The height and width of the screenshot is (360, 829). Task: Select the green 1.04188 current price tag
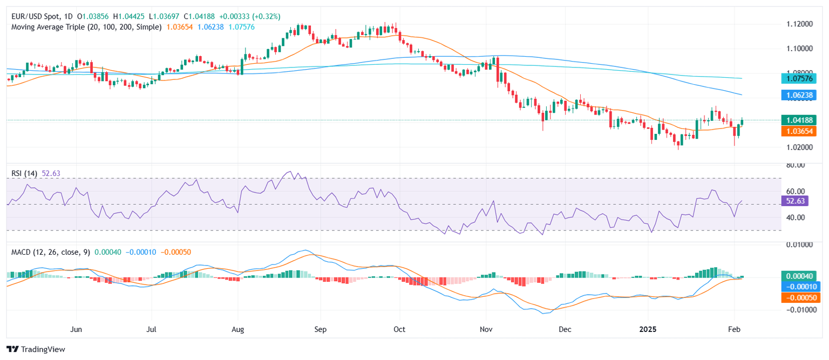800,120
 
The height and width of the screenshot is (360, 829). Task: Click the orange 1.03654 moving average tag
800,131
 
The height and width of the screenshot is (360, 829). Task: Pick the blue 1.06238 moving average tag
800,94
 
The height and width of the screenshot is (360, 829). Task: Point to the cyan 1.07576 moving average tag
800,78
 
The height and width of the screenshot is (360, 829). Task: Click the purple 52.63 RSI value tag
796,201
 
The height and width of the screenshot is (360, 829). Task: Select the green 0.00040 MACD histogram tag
800,276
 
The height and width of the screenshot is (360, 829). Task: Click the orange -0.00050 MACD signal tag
800,297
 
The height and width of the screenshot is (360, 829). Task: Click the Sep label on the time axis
321,329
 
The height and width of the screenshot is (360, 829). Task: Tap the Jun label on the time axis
76,329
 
